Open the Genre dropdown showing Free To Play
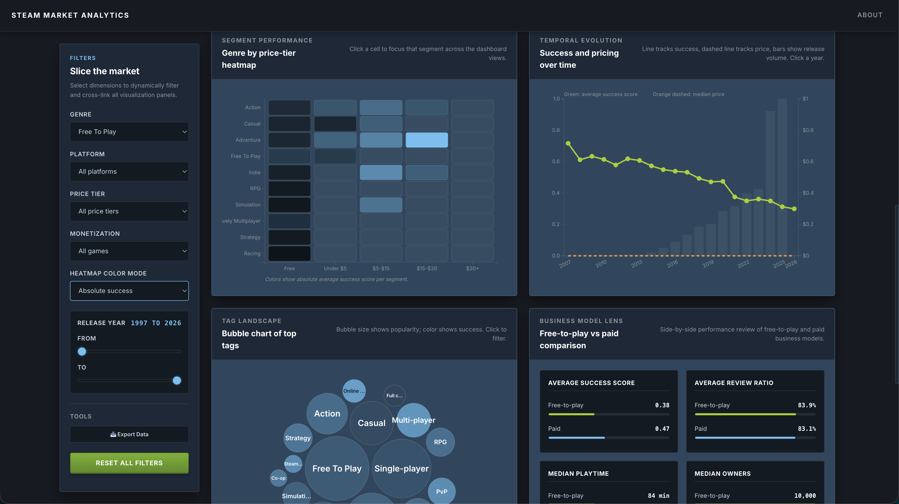point(129,132)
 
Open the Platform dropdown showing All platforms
point(129,171)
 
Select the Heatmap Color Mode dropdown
point(129,290)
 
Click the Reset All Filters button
point(129,463)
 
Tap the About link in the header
point(870,15)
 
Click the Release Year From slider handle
point(82,351)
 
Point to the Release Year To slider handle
point(177,380)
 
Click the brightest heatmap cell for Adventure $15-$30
point(427,140)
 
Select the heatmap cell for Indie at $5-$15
point(381,172)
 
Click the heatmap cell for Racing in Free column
point(289,253)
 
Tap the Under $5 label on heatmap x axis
point(335,268)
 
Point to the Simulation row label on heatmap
point(248,205)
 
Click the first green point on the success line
point(568,143)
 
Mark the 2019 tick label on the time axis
point(708,264)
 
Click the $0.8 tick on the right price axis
point(808,130)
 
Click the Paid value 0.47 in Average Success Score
point(662,428)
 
